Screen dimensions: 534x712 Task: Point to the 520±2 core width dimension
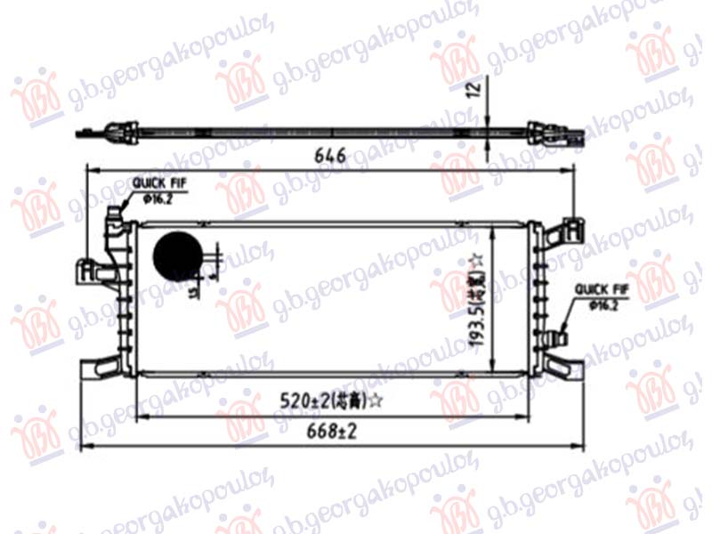pyautogui.click(x=307, y=402)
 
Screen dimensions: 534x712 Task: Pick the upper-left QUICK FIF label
pyautogui.click(x=158, y=184)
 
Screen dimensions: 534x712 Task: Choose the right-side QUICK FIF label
pyautogui.click(x=602, y=289)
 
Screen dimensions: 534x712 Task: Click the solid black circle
pyautogui.click(x=177, y=255)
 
